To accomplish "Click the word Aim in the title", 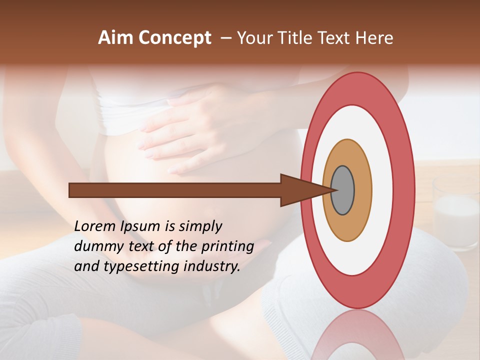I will [115, 38].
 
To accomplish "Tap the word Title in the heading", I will [298, 38].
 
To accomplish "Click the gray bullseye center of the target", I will [342, 190].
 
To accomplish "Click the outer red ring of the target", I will [406, 190].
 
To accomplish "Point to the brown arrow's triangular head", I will [300, 190].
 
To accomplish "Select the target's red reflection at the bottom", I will [357, 335].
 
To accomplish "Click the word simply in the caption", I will [200, 226].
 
